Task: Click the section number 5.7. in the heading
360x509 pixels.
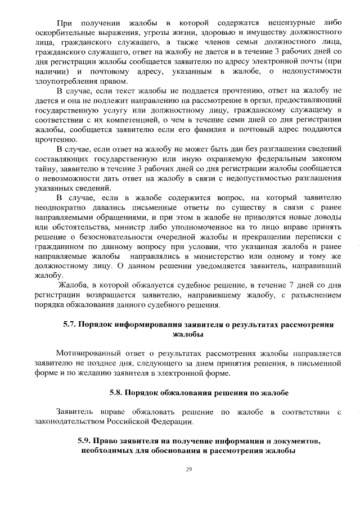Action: click(x=69, y=325)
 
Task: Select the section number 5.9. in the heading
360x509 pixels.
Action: click(x=84, y=440)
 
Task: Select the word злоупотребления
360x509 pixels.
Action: click(x=65, y=81)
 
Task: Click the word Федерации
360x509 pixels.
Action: click(x=169, y=421)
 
